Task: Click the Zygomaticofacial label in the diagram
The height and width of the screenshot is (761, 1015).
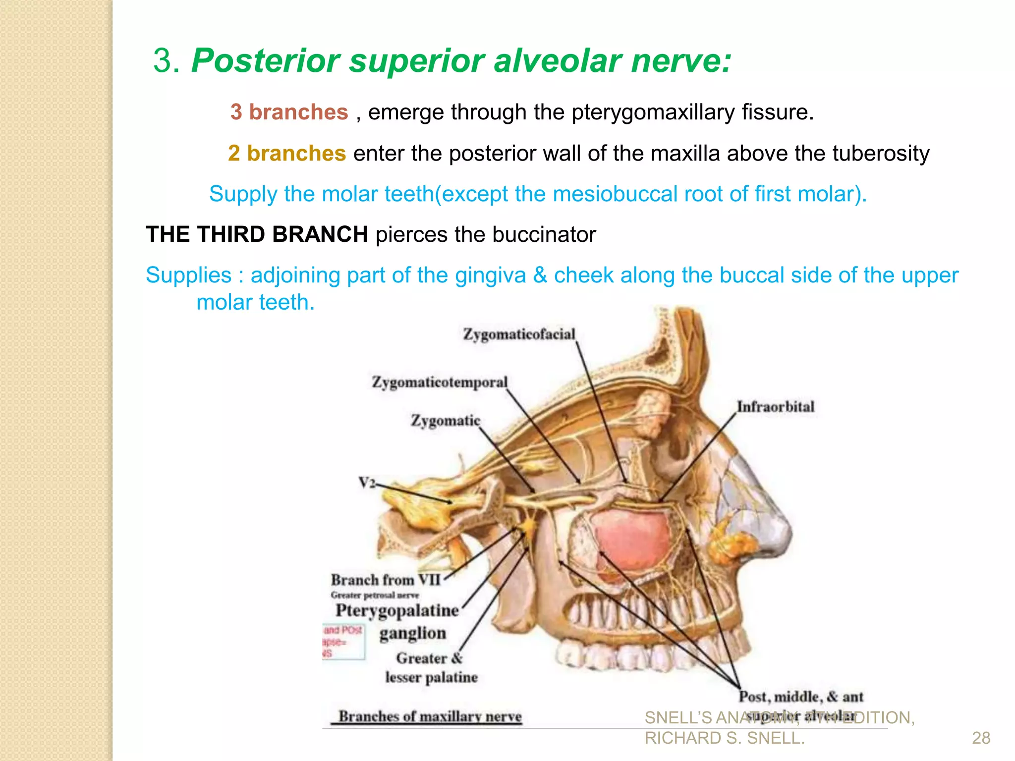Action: (519, 334)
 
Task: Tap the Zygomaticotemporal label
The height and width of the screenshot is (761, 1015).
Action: (440, 382)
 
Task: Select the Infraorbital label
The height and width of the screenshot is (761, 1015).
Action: (775, 407)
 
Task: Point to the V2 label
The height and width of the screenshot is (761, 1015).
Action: (367, 482)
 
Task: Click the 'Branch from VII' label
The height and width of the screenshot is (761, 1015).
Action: (386, 580)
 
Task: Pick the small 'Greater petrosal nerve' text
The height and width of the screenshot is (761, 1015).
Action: (375, 595)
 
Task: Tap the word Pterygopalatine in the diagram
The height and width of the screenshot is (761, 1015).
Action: (397, 610)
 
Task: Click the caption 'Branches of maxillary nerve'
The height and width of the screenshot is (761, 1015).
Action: (430, 716)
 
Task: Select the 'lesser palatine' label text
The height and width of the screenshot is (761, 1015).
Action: (431, 677)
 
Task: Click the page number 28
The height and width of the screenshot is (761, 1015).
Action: (981, 738)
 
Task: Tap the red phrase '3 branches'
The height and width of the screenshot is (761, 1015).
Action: (289, 112)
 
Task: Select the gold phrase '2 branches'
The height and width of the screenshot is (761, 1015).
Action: (286, 153)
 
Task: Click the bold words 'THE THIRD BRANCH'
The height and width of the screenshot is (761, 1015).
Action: (257, 234)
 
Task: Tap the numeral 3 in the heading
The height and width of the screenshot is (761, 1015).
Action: (166, 61)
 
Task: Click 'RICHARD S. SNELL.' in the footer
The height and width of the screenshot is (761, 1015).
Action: (725, 738)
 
